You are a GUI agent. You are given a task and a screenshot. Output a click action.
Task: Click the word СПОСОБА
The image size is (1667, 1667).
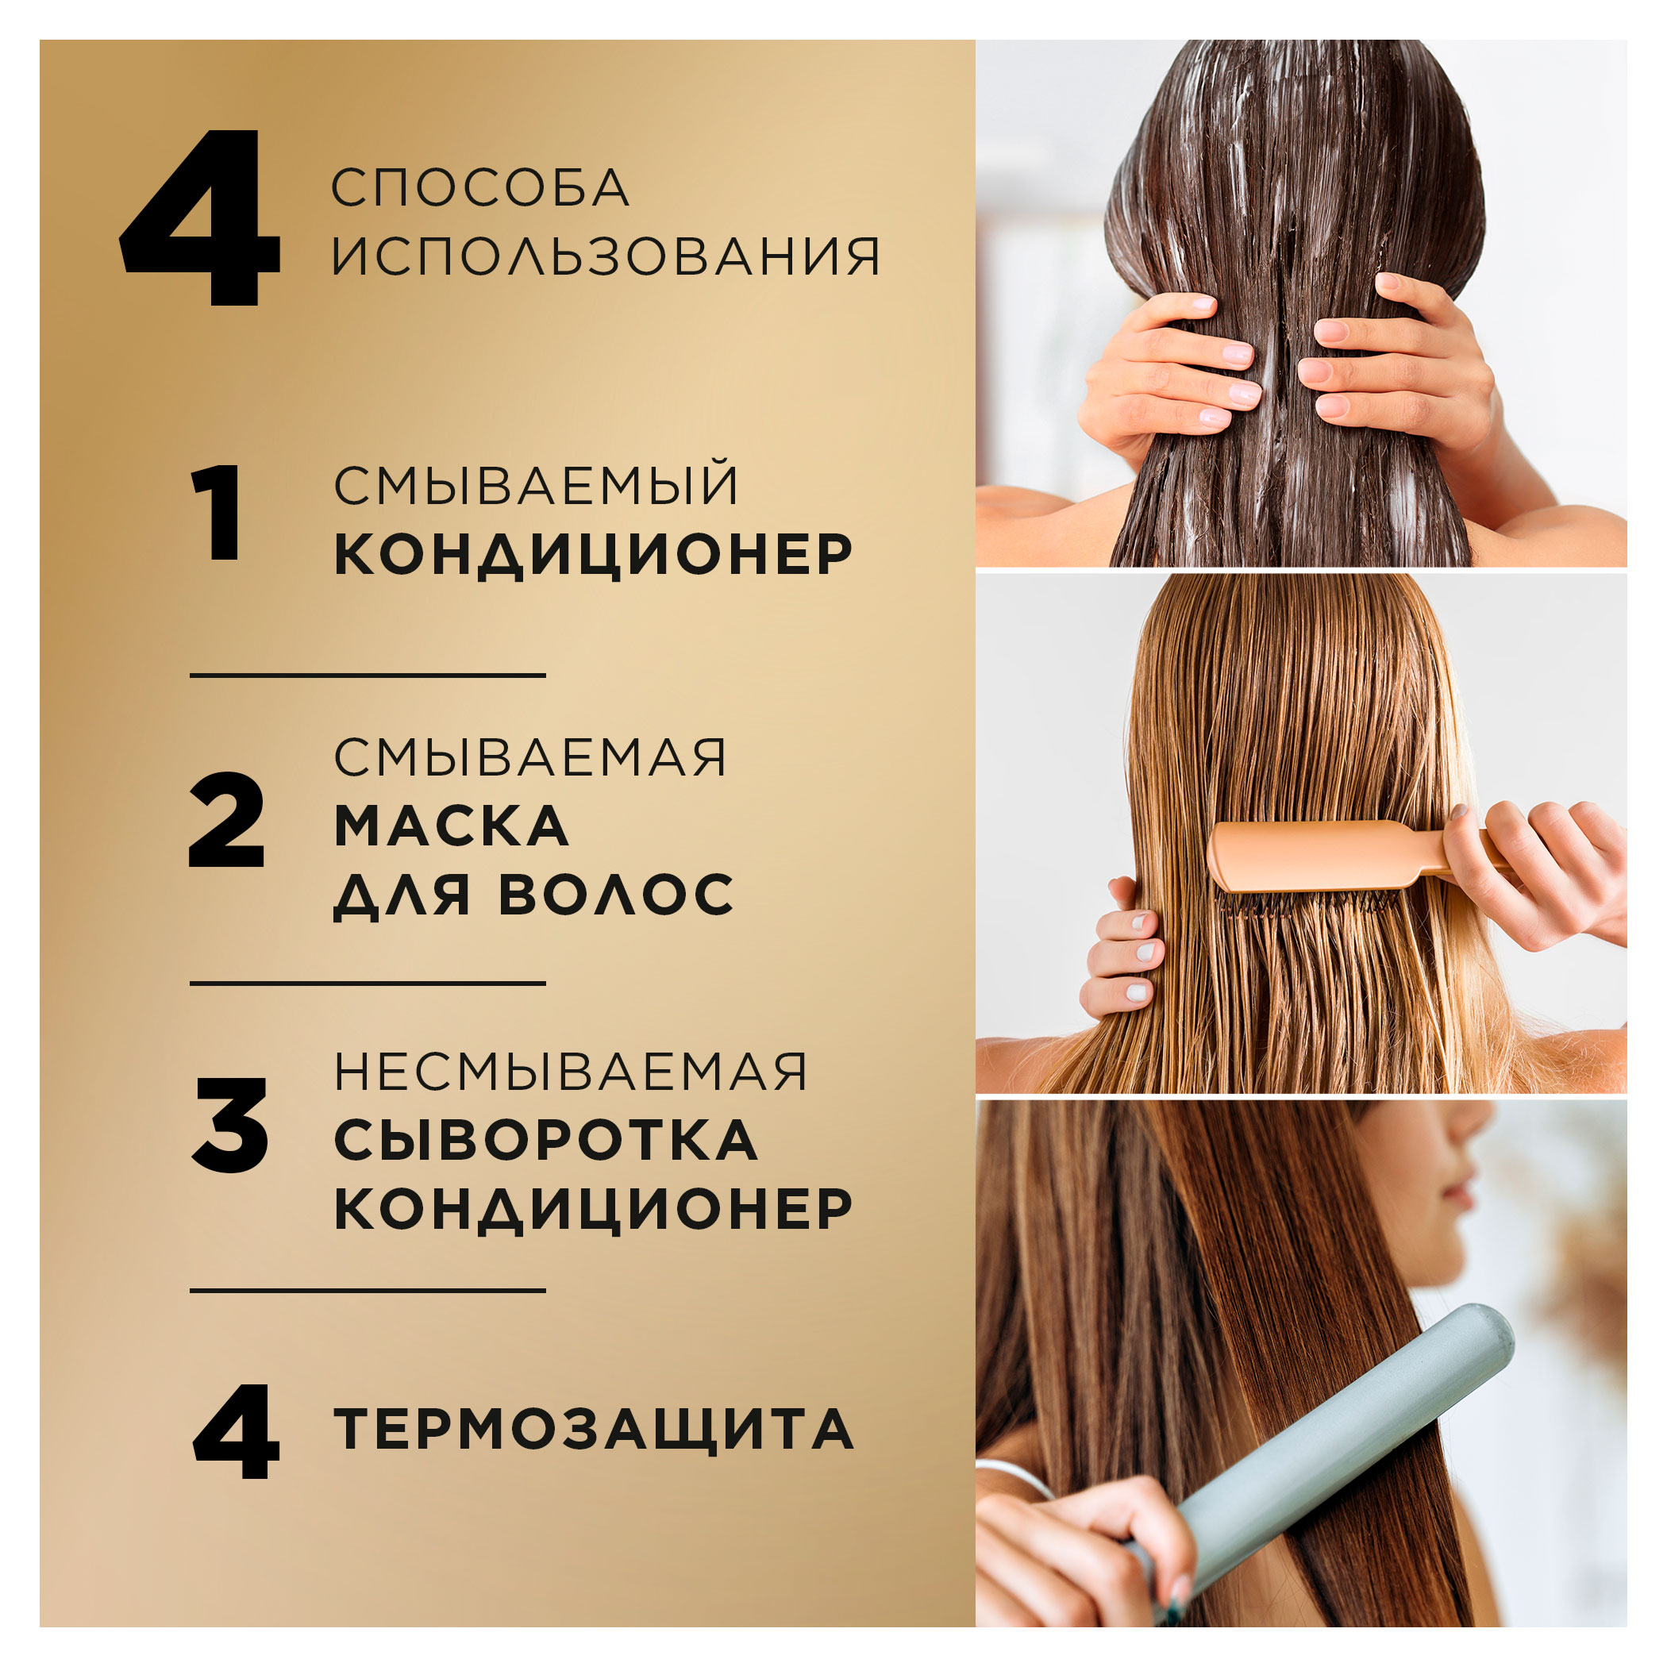pyautogui.click(x=479, y=188)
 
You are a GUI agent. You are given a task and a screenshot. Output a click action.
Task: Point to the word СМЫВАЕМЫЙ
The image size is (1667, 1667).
pyautogui.click(x=537, y=486)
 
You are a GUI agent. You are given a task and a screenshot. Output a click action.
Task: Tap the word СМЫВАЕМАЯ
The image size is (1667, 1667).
pyautogui.click(x=529, y=758)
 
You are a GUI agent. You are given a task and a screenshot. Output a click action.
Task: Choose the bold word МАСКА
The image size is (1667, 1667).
pyautogui.click(x=451, y=826)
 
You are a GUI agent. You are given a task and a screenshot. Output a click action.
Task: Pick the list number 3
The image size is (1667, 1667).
pyautogui.click(x=229, y=1125)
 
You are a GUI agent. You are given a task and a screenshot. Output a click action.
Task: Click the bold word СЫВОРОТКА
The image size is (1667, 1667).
pyautogui.click(x=545, y=1141)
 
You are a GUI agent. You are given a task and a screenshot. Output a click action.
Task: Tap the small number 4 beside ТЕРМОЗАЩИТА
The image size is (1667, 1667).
pyautogui.click(x=236, y=1432)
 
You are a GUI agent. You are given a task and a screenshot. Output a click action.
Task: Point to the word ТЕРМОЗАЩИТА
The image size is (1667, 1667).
pyautogui.click(x=594, y=1430)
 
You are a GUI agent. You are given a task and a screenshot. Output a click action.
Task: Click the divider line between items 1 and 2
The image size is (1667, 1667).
pyautogui.click(x=368, y=676)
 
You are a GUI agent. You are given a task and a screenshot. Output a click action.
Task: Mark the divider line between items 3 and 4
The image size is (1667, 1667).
pyautogui.click(x=368, y=1291)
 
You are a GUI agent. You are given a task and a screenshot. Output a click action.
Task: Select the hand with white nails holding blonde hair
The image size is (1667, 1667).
pyautogui.click(x=1126, y=958)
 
